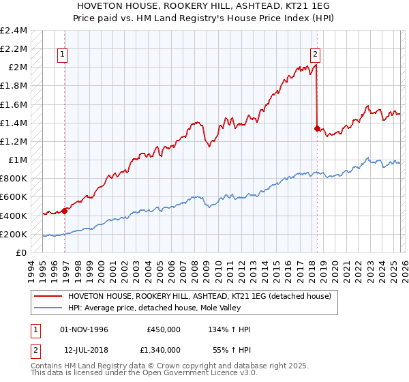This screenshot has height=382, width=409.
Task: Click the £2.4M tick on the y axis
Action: click(x=14, y=30)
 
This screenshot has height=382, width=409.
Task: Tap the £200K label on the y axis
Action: click(x=14, y=234)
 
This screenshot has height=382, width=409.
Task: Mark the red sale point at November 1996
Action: click(x=65, y=211)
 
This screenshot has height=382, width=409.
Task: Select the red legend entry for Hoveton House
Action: click(x=199, y=296)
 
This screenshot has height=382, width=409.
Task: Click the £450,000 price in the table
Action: click(x=164, y=329)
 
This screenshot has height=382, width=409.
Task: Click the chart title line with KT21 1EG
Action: click(x=204, y=5)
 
